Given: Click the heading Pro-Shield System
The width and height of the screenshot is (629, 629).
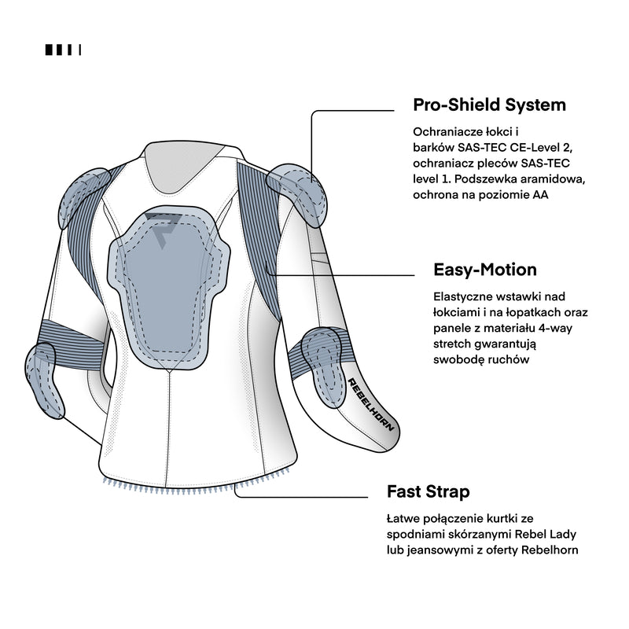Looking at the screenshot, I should pyautogui.click(x=489, y=105).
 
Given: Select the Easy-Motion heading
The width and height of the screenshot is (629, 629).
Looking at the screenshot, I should pyautogui.click(x=485, y=270).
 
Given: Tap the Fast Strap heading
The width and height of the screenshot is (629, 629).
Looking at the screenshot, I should pyautogui.click(x=429, y=492).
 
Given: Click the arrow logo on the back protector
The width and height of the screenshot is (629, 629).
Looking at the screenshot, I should pyautogui.click(x=160, y=227).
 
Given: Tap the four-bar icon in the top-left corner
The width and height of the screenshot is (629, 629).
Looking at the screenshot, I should pyautogui.click(x=63, y=50).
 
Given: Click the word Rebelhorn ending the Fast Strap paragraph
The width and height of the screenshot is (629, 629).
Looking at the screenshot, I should pyautogui.click(x=550, y=550).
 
